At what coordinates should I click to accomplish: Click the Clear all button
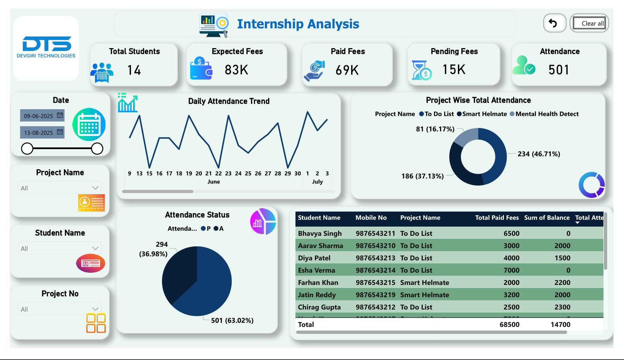coord(589,23)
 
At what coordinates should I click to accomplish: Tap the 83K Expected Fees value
coord(236,70)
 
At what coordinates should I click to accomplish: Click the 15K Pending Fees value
coord(454,70)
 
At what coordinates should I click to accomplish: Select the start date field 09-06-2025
coord(39,116)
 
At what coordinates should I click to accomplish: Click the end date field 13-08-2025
coord(39,133)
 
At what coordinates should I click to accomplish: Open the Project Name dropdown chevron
coord(95,188)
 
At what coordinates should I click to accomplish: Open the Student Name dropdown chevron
coord(95,248)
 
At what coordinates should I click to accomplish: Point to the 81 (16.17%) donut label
coord(435,129)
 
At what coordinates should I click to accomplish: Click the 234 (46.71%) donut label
coord(539,154)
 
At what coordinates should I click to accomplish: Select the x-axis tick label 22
coord(218,173)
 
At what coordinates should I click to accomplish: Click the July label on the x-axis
coord(317,182)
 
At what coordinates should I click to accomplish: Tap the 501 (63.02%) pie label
coord(232,320)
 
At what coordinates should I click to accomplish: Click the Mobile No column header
coord(371,218)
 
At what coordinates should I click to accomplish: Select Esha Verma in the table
coord(316,270)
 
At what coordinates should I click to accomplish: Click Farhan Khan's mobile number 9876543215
coord(375,283)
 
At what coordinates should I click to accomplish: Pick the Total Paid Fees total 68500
coord(509,325)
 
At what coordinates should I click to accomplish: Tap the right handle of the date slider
coord(97,148)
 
